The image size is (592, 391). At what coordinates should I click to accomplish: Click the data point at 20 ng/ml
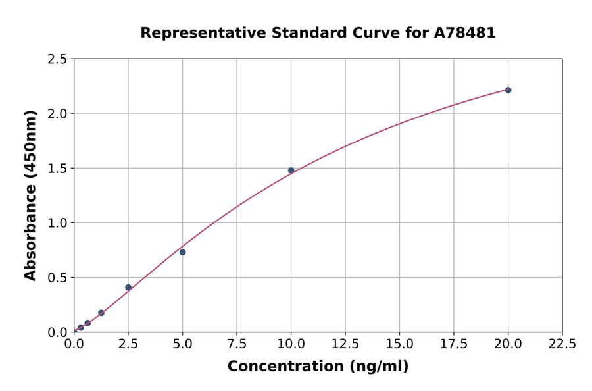508,90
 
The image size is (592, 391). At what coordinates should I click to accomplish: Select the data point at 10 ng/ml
291,170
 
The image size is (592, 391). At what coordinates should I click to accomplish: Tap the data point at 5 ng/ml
183,252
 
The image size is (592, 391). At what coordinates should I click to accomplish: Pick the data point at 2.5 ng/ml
128,288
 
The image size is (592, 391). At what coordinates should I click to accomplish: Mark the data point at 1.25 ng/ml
101,313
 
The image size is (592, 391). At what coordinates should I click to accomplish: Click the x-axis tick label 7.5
237,344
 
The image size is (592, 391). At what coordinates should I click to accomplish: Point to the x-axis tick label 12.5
345,344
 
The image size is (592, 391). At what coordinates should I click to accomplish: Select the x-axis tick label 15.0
399,344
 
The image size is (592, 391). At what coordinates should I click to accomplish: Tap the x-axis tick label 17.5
454,344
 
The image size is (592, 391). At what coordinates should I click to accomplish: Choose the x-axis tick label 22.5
562,344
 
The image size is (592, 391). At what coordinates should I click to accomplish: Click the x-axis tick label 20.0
508,344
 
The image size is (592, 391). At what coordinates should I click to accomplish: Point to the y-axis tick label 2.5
57,59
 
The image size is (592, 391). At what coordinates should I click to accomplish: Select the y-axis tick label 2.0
57,114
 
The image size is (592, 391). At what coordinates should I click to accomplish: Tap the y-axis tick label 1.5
57,169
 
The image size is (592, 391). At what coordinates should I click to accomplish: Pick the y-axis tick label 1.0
57,223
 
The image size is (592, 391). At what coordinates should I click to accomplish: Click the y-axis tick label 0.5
57,278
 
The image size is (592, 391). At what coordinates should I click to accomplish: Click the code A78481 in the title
466,32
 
